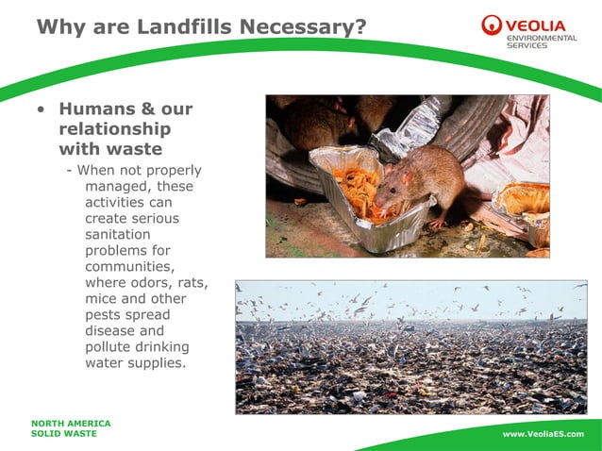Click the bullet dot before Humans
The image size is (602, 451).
tap(40, 110)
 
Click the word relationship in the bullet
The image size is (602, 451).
tap(115, 129)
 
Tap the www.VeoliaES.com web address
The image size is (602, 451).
tap(543, 434)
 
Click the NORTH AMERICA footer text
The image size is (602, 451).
tap(71, 424)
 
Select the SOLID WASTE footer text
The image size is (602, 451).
tap(63, 434)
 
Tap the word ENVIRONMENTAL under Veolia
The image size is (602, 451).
tap(544, 38)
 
